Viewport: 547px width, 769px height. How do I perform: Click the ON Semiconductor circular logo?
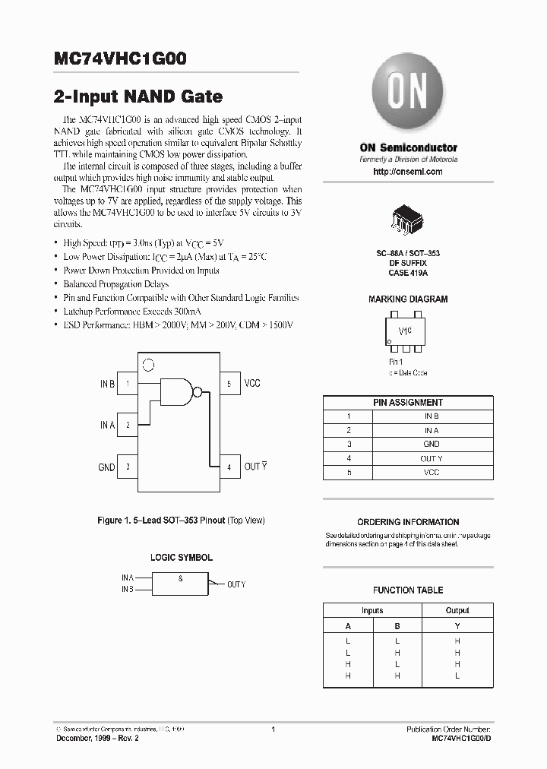(x=408, y=93)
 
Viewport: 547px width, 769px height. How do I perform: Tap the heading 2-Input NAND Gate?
(x=138, y=97)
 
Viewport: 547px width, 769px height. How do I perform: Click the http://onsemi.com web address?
(x=408, y=172)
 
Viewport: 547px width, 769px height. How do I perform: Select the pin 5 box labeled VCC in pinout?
(x=229, y=384)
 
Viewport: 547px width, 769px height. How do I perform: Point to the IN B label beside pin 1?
(x=107, y=384)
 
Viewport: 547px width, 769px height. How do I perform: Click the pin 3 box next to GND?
(x=128, y=467)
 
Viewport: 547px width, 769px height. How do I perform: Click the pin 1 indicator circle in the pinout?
(x=149, y=365)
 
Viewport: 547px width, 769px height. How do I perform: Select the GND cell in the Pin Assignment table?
(x=431, y=444)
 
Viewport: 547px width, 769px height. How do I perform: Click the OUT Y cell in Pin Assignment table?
(x=431, y=458)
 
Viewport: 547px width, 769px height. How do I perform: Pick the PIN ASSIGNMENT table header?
(x=408, y=402)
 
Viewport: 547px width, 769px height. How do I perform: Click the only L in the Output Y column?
(x=457, y=676)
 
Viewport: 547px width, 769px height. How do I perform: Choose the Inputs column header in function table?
(x=372, y=610)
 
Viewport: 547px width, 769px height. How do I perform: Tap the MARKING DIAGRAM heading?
(x=408, y=299)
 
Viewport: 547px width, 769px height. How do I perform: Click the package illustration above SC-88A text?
(x=409, y=218)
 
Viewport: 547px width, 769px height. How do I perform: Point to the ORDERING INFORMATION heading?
(x=408, y=522)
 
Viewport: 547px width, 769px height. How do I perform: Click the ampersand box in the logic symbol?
(x=180, y=584)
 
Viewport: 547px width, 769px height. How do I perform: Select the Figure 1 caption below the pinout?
(x=181, y=521)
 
